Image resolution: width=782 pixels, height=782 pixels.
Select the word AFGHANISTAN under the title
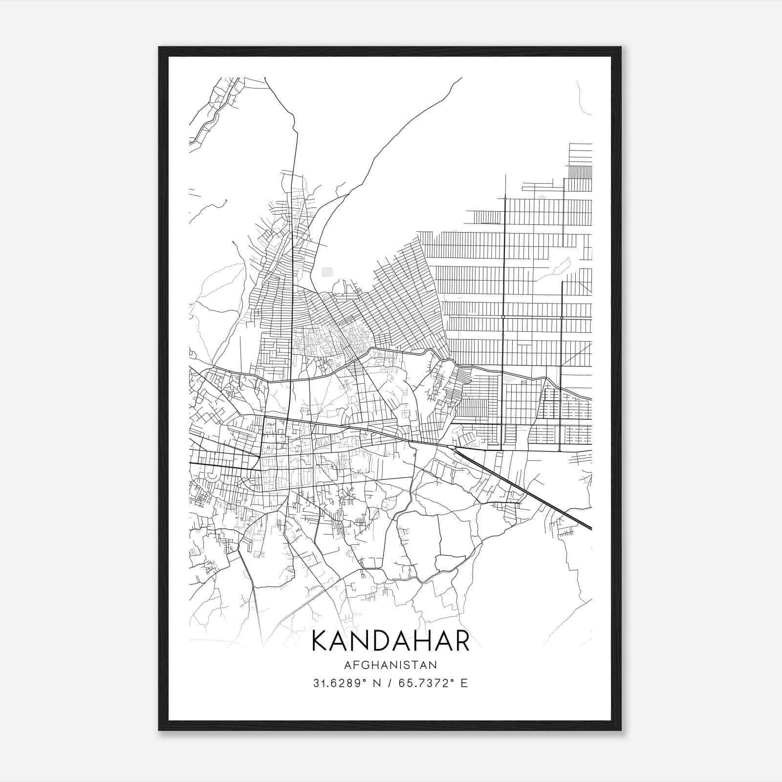coord(390,665)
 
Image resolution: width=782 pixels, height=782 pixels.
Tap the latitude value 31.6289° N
coord(347,683)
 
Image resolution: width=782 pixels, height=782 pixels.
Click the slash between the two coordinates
coord(390,683)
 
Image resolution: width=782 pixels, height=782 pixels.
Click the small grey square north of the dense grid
coord(326,272)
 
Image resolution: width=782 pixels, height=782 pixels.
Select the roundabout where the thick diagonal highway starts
coord(451,447)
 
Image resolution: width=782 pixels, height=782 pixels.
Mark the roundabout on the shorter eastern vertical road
coord(562,318)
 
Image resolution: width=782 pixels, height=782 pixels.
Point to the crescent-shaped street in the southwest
coord(211,475)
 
